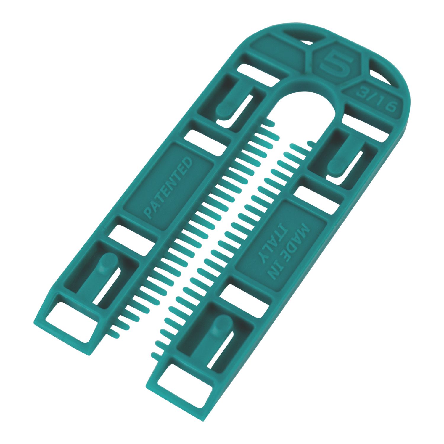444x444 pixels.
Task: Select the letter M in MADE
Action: coord(305,229)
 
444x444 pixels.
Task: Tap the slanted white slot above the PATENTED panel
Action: coord(204,142)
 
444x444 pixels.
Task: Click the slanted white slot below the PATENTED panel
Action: coord(130,238)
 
